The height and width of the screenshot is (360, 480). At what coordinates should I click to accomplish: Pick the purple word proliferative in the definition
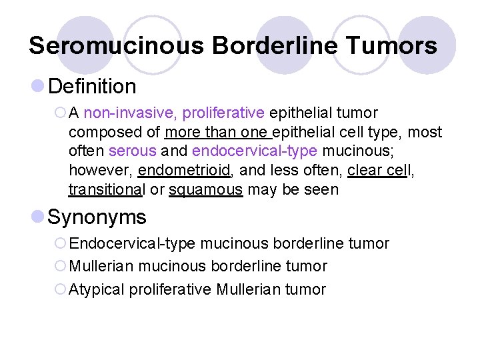point(223,113)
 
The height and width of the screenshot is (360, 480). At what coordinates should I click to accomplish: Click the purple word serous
point(132,151)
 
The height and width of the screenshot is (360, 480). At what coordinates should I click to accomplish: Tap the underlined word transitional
point(106,189)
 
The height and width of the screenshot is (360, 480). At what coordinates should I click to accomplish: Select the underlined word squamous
point(205,189)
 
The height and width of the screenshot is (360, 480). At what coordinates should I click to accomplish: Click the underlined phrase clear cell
point(379,171)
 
